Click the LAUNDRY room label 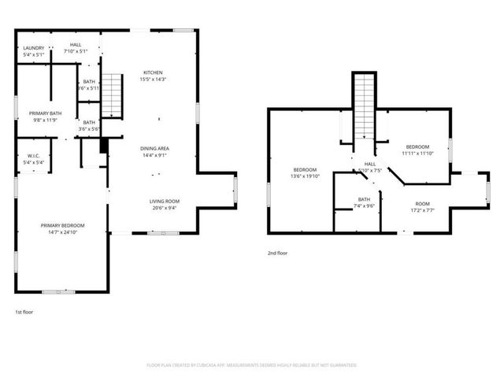[x=33, y=48]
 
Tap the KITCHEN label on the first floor [x=153, y=72]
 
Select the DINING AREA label [x=155, y=149]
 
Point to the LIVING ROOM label [x=165, y=201]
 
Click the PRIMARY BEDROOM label [x=63, y=225]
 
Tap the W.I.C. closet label [x=33, y=156]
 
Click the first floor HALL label [x=76, y=45]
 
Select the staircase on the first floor [x=114, y=95]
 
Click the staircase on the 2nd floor [x=364, y=107]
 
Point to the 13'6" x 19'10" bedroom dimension [x=305, y=176]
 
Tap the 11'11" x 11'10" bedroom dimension [x=417, y=154]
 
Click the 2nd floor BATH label [x=364, y=199]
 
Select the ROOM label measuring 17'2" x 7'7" [x=423, y=203]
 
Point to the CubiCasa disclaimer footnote [x=252, y=365]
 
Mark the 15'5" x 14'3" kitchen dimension [x=153, y=79]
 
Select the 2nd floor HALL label [x=369, y=164]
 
